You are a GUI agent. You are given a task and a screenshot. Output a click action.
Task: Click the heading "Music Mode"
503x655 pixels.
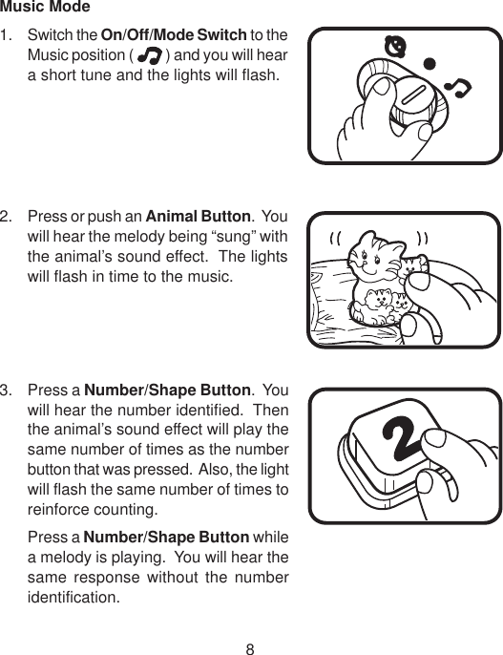click(46, 9)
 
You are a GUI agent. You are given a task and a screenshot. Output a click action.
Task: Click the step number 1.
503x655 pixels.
click(8, 35)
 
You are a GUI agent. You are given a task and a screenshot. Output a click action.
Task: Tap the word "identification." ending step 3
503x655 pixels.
click(73, 600)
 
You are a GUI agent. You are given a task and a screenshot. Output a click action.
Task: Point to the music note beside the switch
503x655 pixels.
click(461, 89)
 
